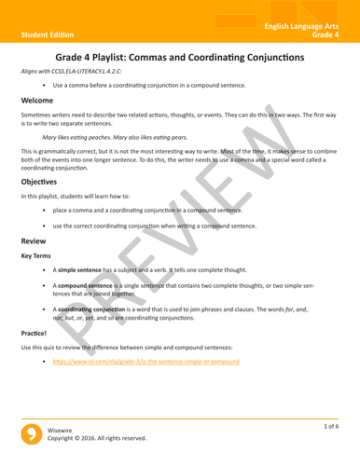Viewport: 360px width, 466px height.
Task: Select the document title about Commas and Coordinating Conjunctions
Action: [x=180, y=57]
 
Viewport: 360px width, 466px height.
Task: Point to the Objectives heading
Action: [x=43, y=183]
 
